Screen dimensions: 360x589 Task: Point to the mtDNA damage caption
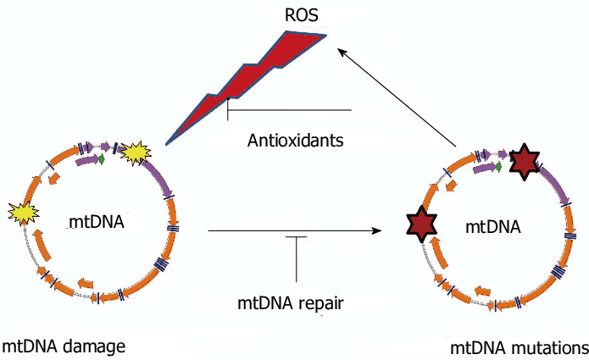click(64, 346)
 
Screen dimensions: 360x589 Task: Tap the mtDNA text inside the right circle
click(493, 226)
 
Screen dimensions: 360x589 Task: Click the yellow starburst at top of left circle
click(135, 152)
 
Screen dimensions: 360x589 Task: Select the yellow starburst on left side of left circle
click(22, 213)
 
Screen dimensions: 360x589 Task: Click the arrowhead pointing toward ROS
click(342, 53)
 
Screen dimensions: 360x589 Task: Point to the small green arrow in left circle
click(102, 158)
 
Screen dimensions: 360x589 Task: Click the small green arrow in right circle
click(498, 167)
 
